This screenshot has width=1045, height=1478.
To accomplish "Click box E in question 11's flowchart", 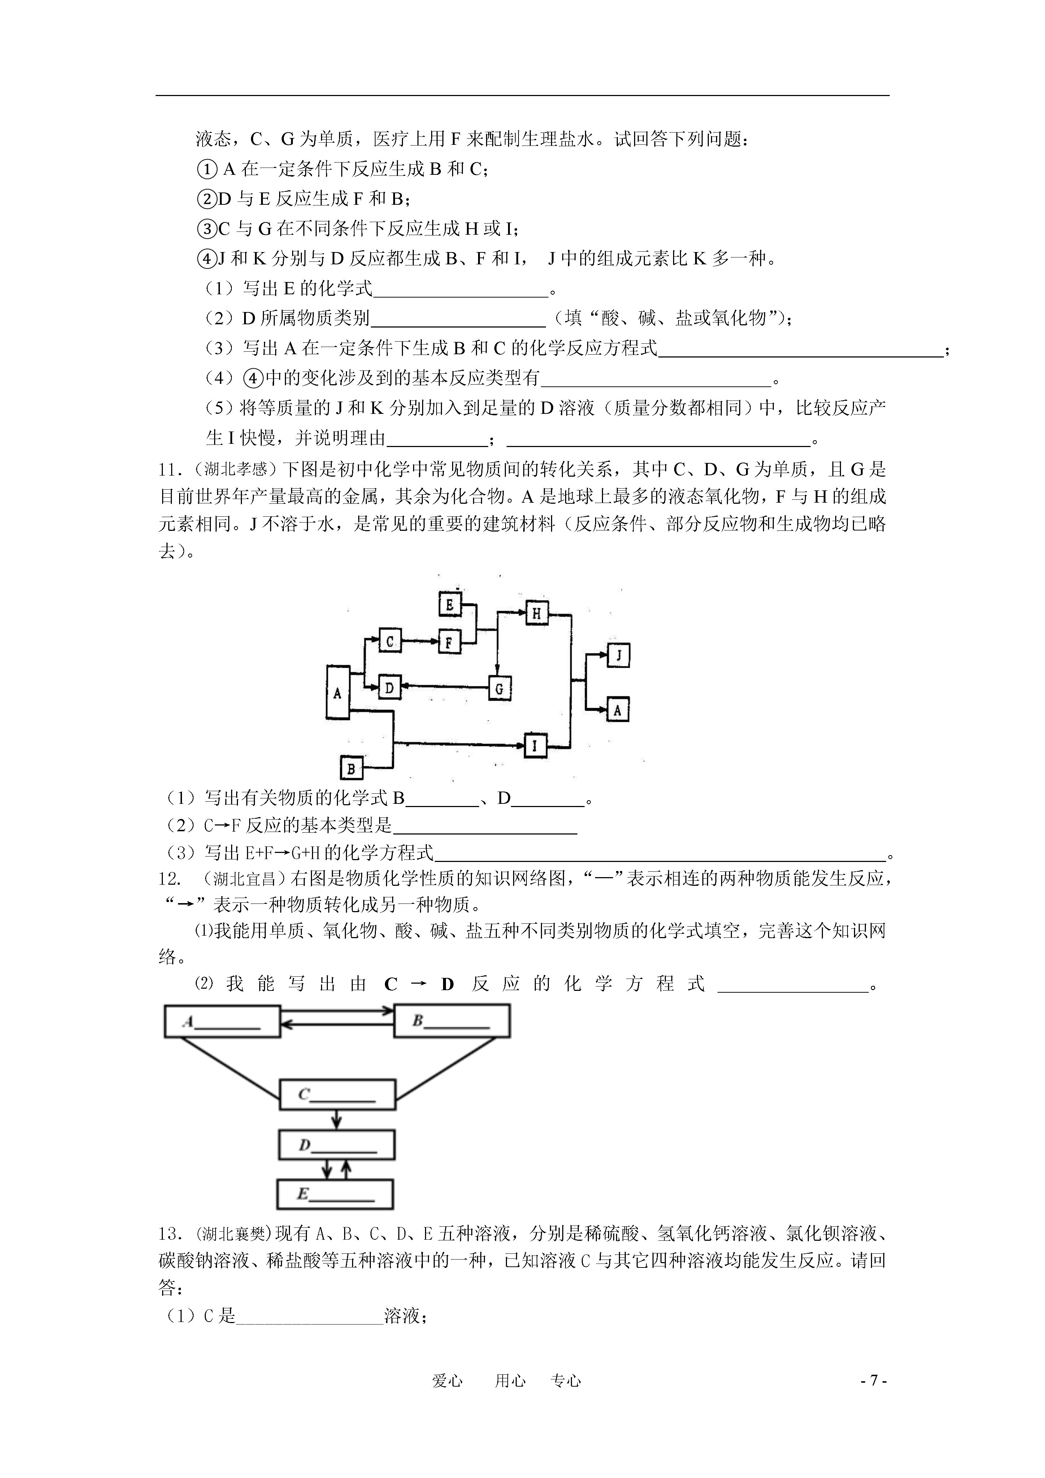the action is click(x=450, y=604).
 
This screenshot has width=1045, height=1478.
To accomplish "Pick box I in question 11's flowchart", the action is click(x=534, y=745).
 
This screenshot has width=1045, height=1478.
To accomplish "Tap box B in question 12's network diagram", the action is click(x=452, y=1021).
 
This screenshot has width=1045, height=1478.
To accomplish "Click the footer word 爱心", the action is click(x=447, y=1381).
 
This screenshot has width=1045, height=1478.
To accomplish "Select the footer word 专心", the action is click(x=567, y=1381).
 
